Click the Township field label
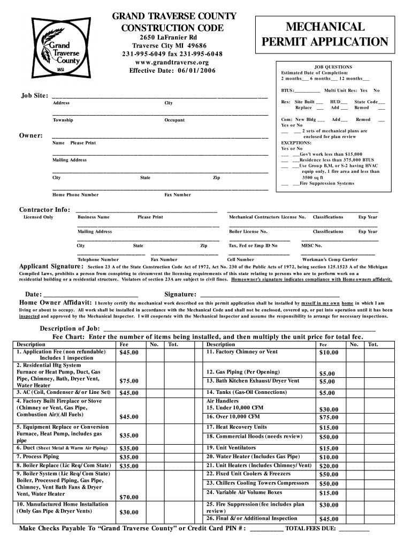tap(63, 120)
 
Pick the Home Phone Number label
tap(75, 195)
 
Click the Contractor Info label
tap(44, 209)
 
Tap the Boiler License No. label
tap(248, 232)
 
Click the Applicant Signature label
tap(51, 267)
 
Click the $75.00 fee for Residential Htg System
tap(129, 381)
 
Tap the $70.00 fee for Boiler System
tap(129, 497)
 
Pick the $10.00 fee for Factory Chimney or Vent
tap(329, 353)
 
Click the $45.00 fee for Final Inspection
tap(329, 519)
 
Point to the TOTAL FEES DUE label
tap(311, 529)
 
